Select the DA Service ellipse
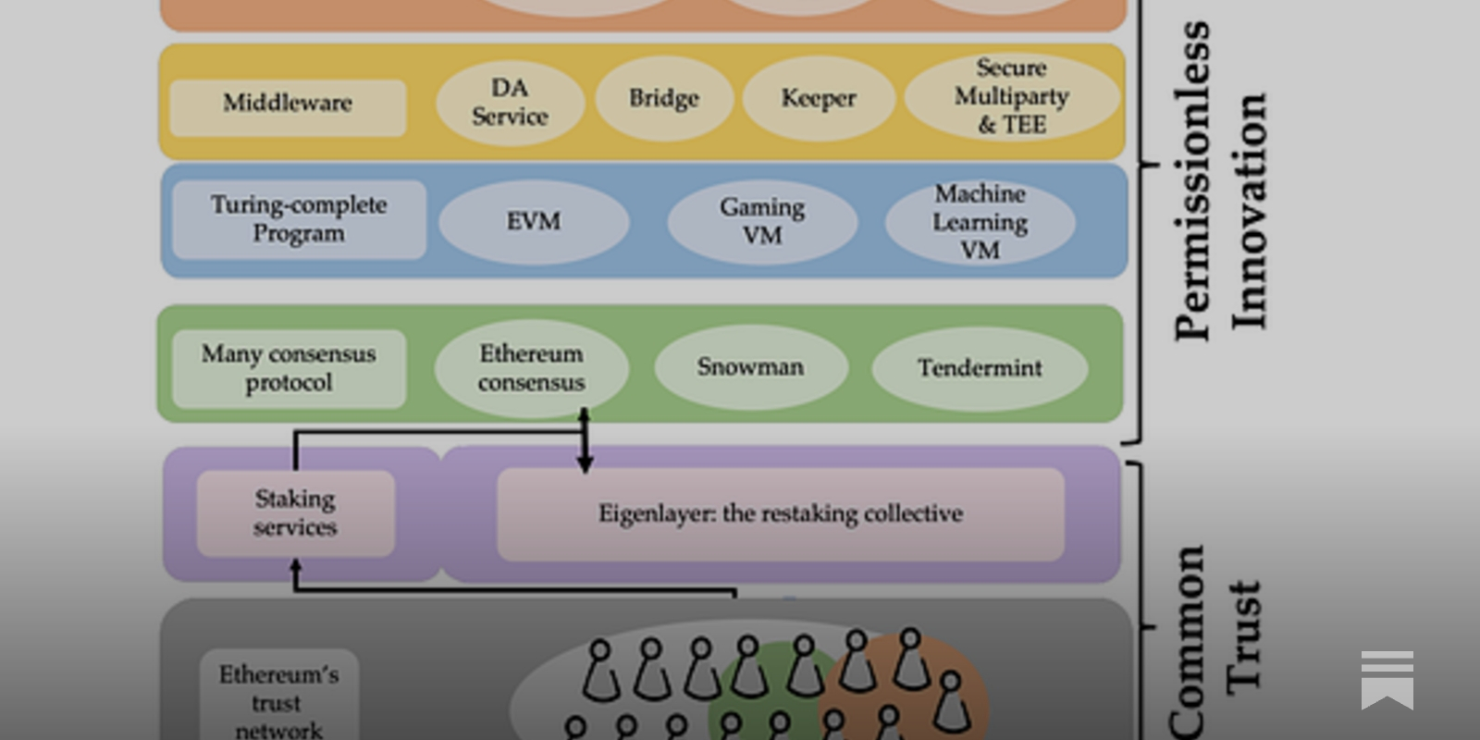(x=510, y=103)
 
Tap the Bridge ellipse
(x=664, y=99)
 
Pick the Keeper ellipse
(x=819, y=99)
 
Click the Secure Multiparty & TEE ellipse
(x=1011, y=97)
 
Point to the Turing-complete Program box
(x=299, y=219)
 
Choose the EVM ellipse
(x=534, y=222)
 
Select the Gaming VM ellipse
(x=762, y=222)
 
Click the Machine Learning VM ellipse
(x=980, y=223)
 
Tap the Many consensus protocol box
(x=289, y=368)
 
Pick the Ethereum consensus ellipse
(x=531, y=368)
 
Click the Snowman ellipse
(x=750, y=367)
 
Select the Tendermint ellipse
(x=980, y=368)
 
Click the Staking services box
(x=295, y=513)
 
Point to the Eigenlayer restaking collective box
(x=780, y=514)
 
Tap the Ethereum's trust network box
(x=278, y=698)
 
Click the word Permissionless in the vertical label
(x=1192, y=180)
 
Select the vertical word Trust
(x=1244, y=636)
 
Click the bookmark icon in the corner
(x=1387, y=680)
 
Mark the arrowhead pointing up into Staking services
(x=296, y=565)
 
